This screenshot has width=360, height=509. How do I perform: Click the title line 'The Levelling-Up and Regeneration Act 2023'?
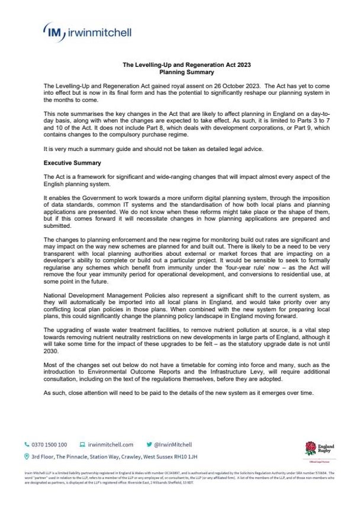(x=179, y=65)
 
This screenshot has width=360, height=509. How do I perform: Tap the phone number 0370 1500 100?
(x=50, y=444)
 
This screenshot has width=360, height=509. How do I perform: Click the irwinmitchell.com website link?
(x=111, y=444)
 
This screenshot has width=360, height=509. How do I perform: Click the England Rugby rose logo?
(x=310, y=449)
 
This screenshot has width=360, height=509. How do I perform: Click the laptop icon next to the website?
(x=82, y=444)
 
